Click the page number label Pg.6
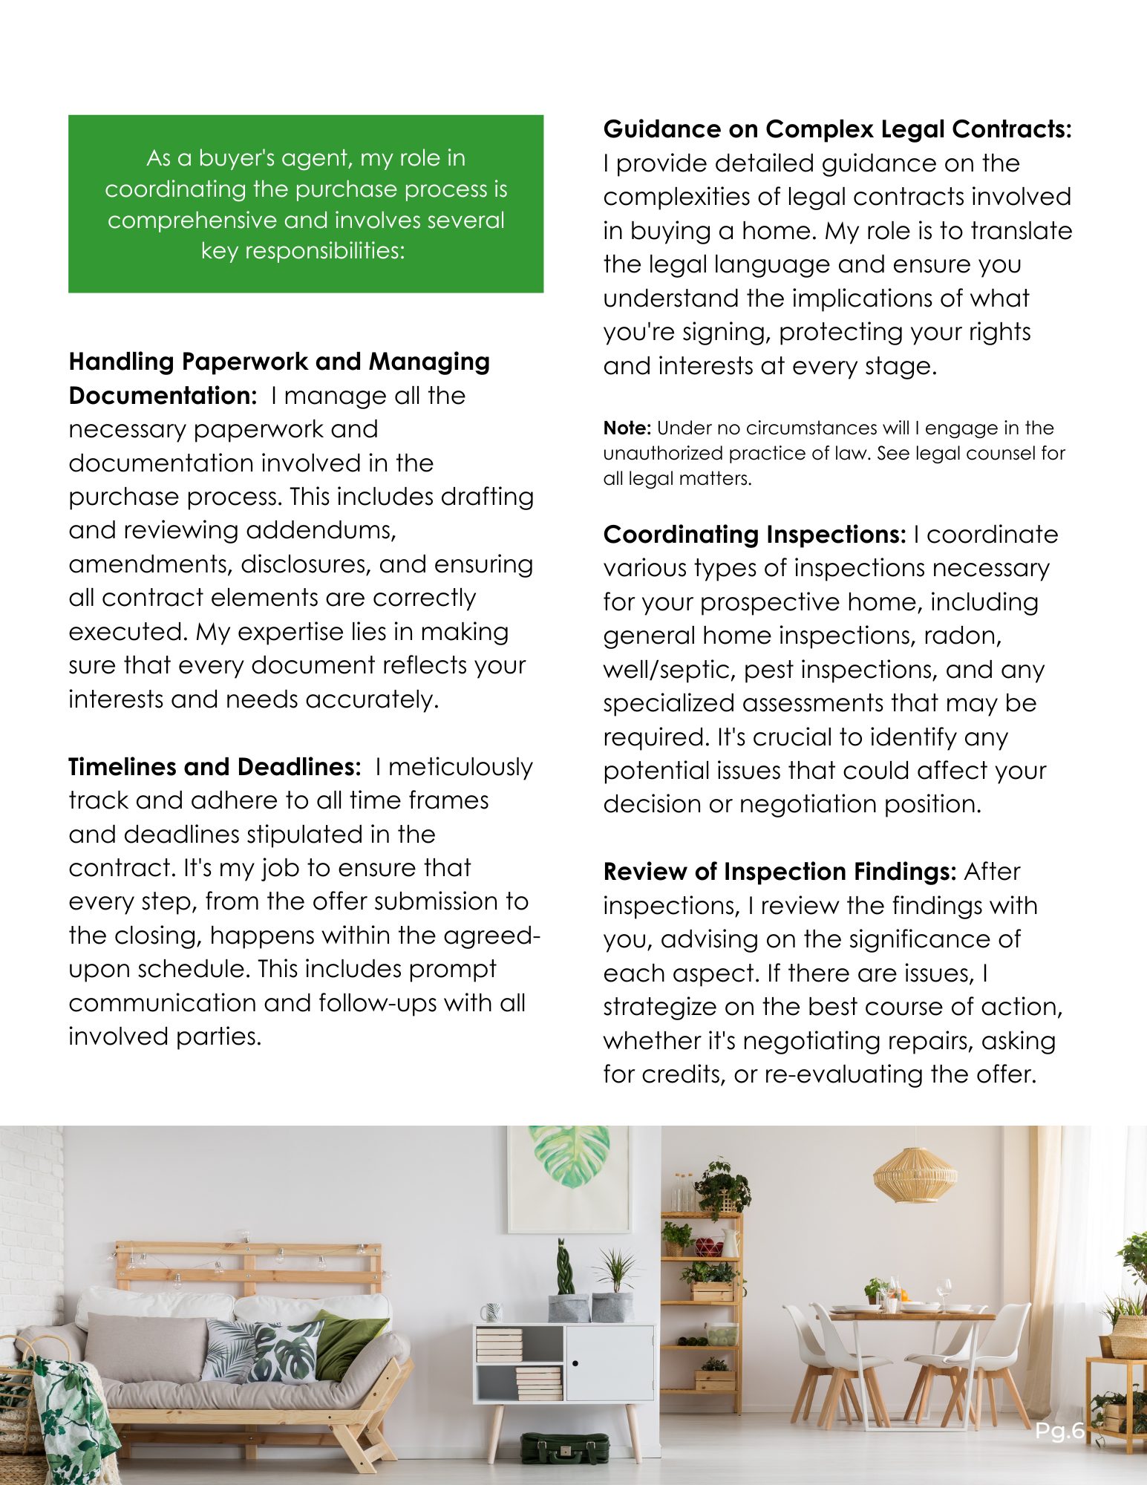click(1059, 1431)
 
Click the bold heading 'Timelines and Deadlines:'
click(215, 767)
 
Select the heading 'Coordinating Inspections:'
click(754, 535)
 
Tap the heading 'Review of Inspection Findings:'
click(780, 872)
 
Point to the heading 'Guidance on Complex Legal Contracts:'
click(837, 129)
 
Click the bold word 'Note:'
click(627, 428)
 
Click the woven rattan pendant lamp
click(915, 1174)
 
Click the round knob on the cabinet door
click(575, 1363)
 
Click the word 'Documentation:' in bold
click(163, 396)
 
